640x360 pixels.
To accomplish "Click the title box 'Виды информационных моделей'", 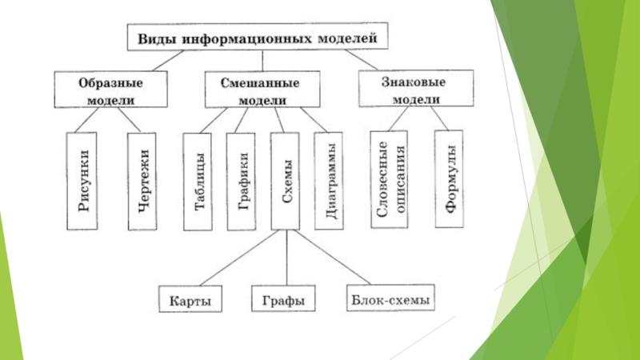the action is [x=258, y=37].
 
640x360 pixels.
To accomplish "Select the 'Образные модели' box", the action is [x=110, y=90].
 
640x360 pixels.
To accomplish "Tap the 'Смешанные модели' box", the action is [x=262, y=90].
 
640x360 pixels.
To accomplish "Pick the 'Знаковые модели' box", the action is [x=416, y=88].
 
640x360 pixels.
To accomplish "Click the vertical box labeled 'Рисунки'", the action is [x=82, y=181].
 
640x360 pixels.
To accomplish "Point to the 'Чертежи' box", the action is [x=142, y=182].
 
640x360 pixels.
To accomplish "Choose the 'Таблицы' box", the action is [x=198, y=182].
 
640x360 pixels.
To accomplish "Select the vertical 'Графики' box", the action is [x=242, y=182].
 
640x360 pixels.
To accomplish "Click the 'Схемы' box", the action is [x=285, y=181].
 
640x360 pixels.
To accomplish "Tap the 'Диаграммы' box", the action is [x=329, y=181].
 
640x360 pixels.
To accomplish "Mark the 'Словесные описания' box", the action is [x=389, y=179].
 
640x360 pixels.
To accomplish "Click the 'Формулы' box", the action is [x=449, y=178].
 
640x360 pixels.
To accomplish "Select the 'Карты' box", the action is [x=190, y=298].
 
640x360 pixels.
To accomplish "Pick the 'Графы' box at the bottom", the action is [x=283, y=298].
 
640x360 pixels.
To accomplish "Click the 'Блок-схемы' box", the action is [x=390, y=298].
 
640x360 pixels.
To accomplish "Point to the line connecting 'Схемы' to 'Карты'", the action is [x=239, y=258].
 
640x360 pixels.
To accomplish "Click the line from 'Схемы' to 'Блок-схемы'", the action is [x=332, y=257].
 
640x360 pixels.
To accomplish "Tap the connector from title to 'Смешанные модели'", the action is [x=262, y=61].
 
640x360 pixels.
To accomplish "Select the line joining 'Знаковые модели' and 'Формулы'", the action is [x=439, y=118].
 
